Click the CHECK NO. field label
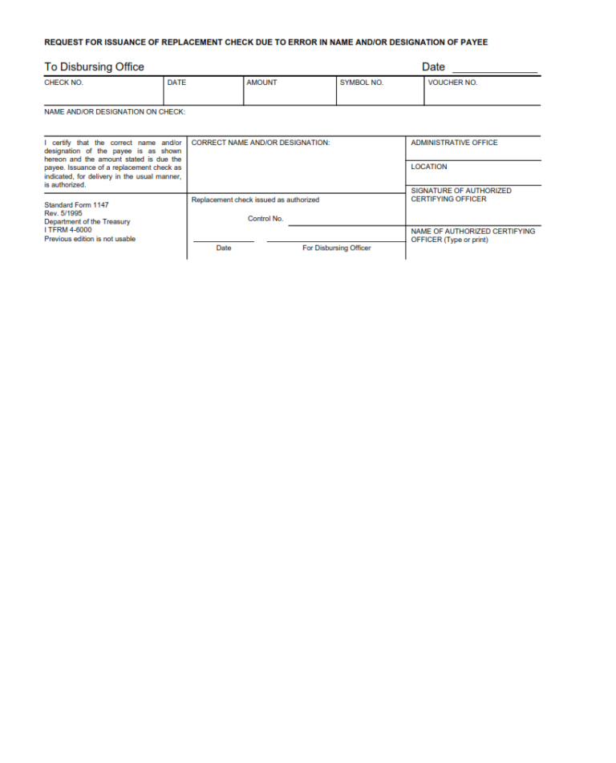(x=63, y=83)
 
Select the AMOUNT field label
(x=261, y=83)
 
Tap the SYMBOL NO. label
(x=361, y=83)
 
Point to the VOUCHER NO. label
(x=452, y=83)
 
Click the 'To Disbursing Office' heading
(x=94, y=67)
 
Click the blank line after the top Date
(x=494, y=71)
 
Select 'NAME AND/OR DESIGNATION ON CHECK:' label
(x=115, y=112)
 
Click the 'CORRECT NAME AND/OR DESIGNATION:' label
(x=261, y=143)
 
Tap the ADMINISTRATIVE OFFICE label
(x=454, y=143)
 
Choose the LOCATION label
(x=429, y=167)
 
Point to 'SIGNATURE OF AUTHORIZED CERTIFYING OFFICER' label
(x=460, y=195)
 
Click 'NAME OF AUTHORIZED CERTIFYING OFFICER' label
(x=472, y=235)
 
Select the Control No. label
(x=265, y=219)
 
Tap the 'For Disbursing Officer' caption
(x=336, y=248)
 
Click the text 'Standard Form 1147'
(x=76, y=205)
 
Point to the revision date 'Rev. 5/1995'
(x=63, y=213)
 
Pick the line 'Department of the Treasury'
(x=87, y=222)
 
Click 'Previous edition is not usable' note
(x=90, y=239)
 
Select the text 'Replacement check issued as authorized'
(x=255, y=200)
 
